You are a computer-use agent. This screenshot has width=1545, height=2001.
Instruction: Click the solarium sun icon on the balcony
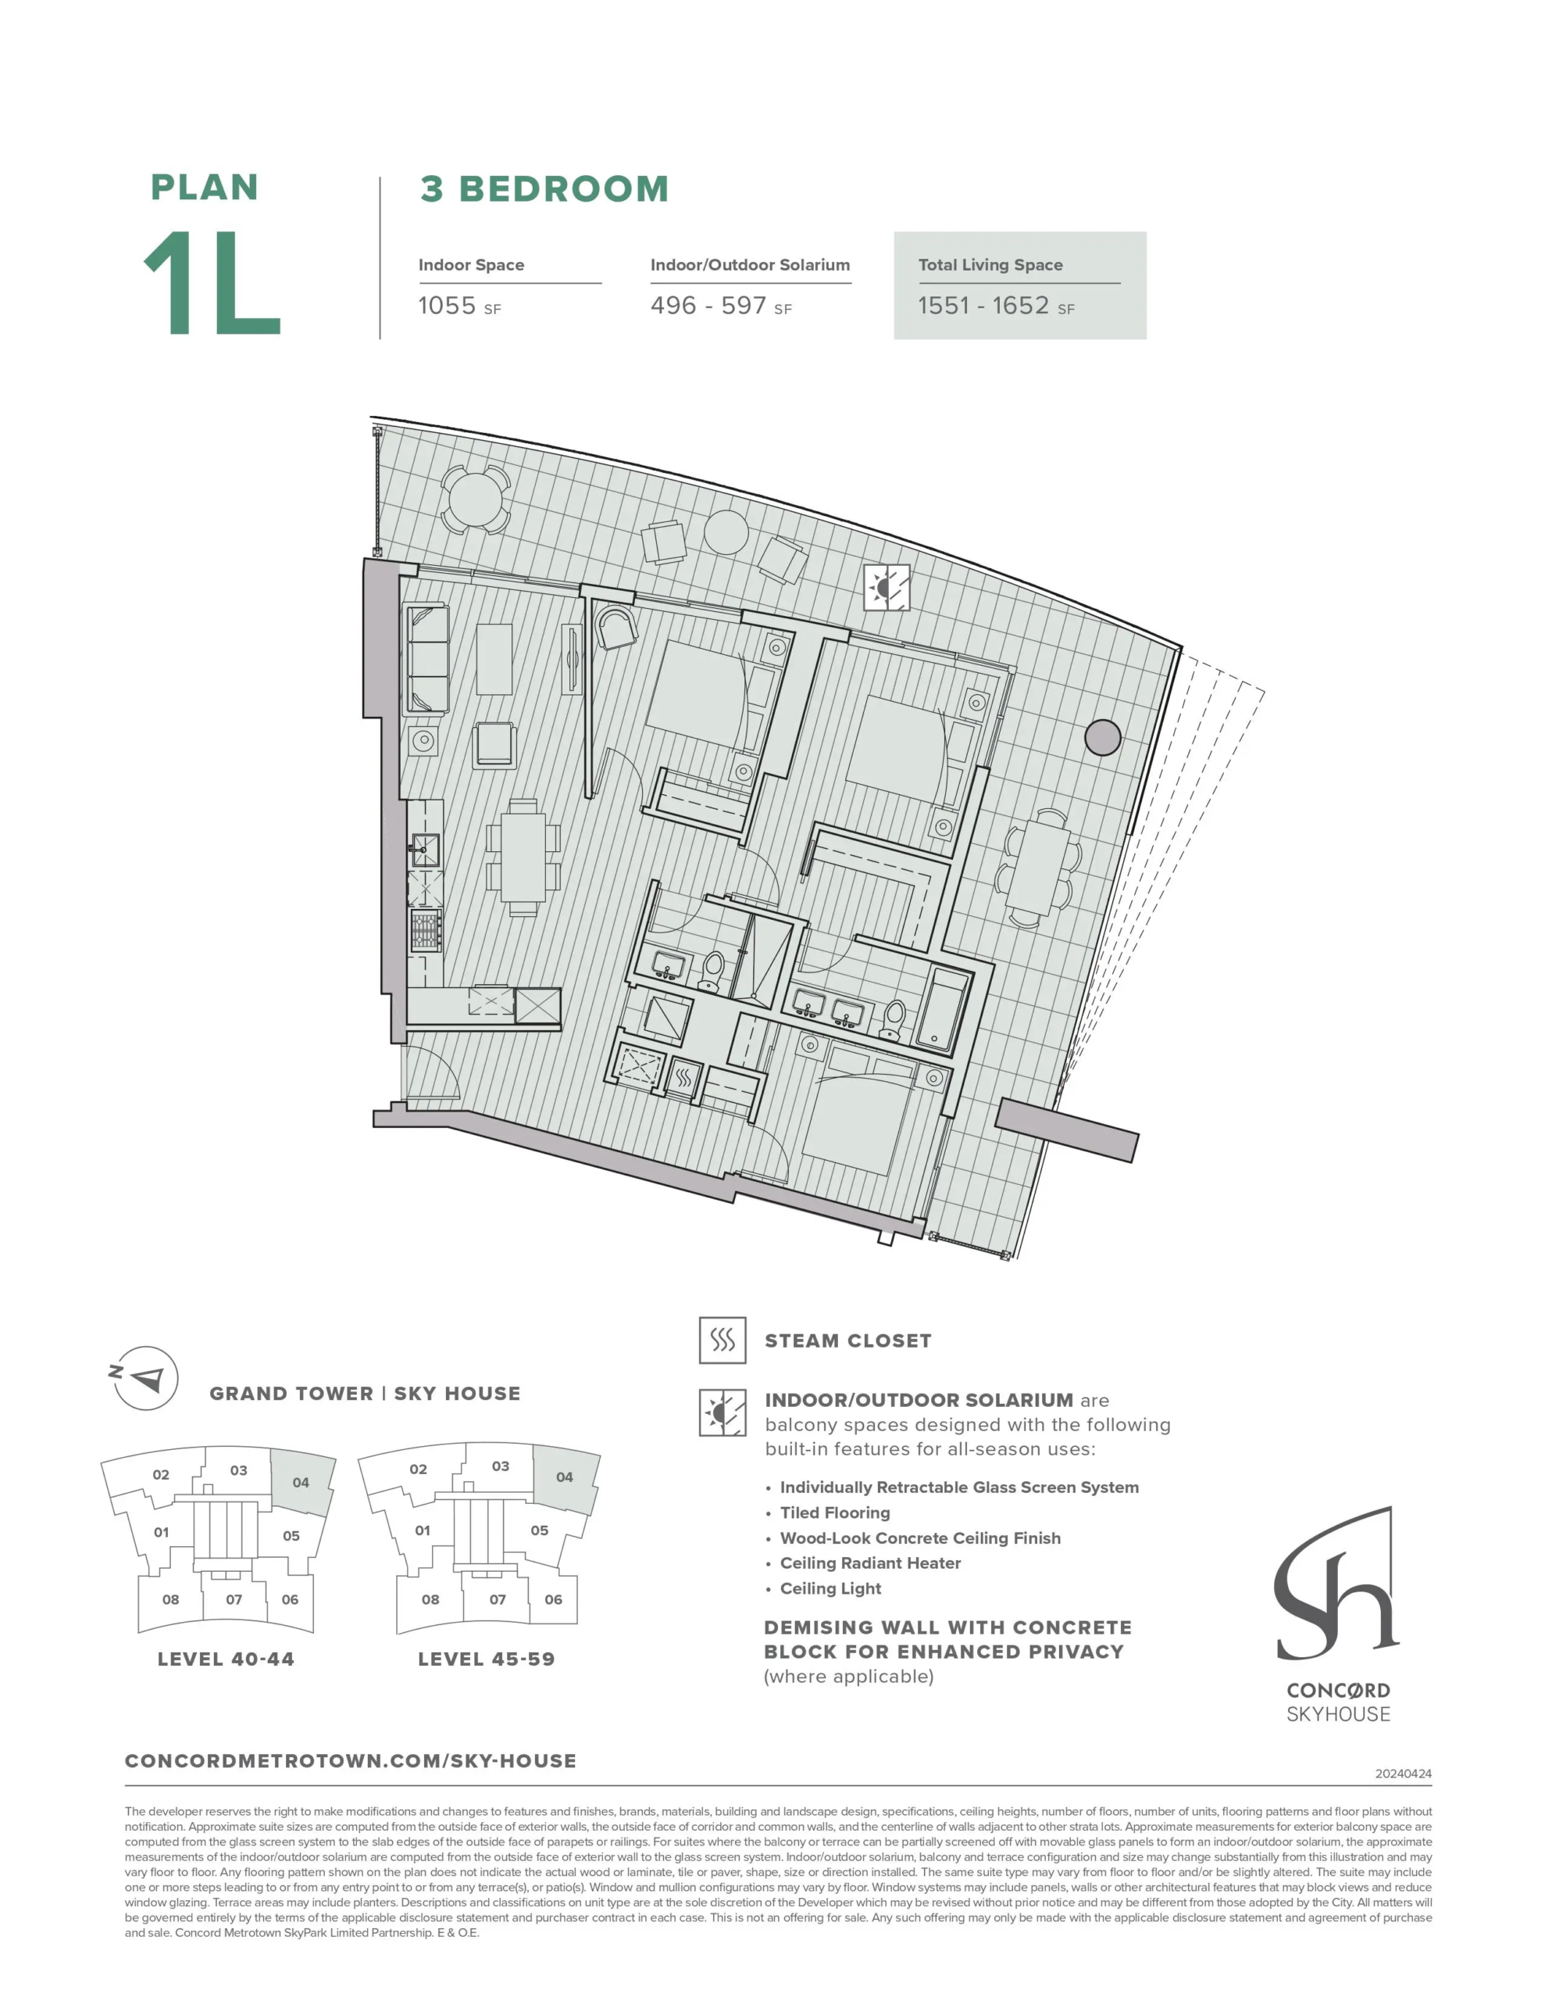tap(887, 586)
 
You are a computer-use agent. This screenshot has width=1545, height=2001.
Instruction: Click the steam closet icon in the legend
tap(722, 1341)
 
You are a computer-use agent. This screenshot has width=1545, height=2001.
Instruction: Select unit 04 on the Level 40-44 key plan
tap(302, 1481)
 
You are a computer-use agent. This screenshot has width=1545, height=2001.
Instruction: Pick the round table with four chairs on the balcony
tap(473, 499)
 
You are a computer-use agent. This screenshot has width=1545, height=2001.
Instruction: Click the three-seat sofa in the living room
tap(426, 659)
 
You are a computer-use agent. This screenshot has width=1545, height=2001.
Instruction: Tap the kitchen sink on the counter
tap(424, 850)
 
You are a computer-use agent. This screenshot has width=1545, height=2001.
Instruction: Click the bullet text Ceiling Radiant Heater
tap(870, 1563)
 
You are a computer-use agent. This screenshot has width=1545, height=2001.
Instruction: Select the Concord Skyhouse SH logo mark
tap(1337, 1584)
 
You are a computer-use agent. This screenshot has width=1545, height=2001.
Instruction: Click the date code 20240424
tap(1403, 1774)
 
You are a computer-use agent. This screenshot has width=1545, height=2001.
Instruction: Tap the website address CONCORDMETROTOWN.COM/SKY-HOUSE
tap(351, 1761)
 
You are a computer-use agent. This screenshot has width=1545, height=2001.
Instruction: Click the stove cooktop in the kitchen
tap(425, 929)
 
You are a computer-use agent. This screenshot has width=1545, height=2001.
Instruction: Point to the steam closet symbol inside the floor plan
tap(684, 1077)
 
